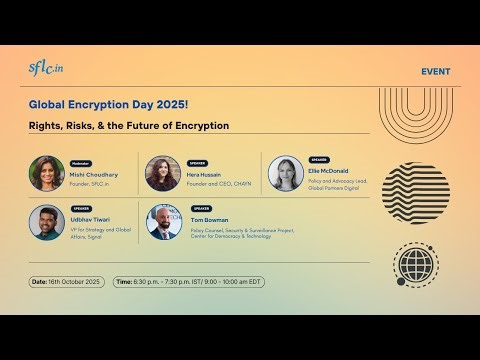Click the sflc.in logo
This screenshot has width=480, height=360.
tap(45, 68)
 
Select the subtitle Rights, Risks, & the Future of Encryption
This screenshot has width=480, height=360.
tap(128, 126)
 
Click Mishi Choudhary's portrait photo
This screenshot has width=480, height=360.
tap(47, 173)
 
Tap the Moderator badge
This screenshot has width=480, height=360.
tap(80, 163)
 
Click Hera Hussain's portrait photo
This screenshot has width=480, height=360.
tap(162, 173)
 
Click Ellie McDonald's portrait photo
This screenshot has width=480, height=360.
tap(285, 172)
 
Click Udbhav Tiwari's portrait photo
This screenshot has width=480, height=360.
tap(47, 222)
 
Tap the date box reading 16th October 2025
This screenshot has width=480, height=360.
tap(68, 282)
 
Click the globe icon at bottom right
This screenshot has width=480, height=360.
tap(416, 266)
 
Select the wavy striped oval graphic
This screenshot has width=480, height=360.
tap(416, 191)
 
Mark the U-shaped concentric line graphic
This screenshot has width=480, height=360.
tap(415, 115)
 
